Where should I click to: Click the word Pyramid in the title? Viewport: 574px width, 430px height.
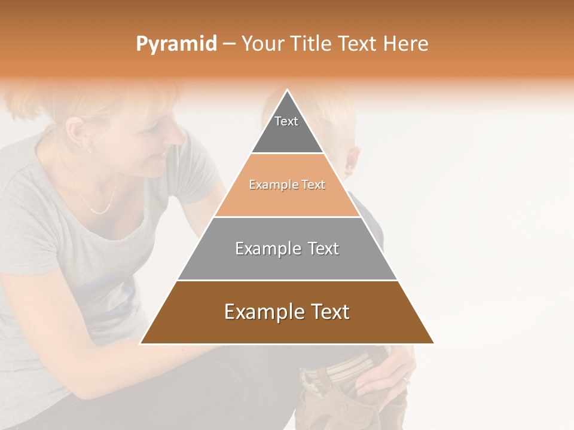176,44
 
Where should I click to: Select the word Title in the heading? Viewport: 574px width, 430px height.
312,44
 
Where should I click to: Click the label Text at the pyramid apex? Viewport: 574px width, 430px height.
286,121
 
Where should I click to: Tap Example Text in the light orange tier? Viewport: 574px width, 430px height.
287,185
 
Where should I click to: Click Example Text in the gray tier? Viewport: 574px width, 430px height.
287,248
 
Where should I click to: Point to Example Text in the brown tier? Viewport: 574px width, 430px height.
287,312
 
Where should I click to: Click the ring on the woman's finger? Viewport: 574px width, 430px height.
406,379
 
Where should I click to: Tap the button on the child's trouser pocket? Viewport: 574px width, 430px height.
343,407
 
